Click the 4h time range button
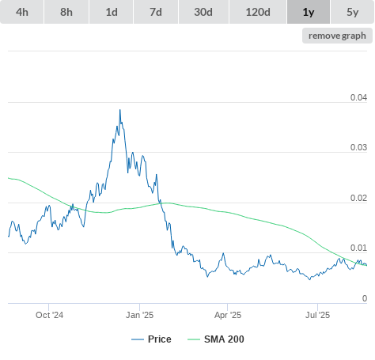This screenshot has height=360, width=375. (21, 12)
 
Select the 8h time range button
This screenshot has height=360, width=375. (66, 12)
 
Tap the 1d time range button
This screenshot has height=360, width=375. (112, 12)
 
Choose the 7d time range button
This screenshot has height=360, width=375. (156, 12)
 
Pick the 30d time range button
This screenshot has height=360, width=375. (203, 12)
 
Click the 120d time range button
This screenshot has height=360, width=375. (258, 12)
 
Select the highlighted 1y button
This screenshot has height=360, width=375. (309, 12)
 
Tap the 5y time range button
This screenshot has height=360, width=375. (353, 12)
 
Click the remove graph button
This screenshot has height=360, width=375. (337, 36)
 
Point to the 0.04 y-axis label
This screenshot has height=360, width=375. (358, 97)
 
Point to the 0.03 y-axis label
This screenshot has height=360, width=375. (358, 147)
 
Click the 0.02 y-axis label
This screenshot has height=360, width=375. (358, 198)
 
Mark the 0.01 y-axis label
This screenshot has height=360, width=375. (358, 248)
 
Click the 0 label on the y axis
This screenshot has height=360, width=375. (365, 298)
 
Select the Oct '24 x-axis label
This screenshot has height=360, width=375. (49, 315)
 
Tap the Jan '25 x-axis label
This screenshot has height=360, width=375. (139, 315)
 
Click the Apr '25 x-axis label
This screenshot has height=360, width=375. (228, 315)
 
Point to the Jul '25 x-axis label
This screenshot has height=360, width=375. (317, 315)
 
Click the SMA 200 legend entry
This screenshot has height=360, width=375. (216, 339)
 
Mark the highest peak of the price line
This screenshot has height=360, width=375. (120, 109)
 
